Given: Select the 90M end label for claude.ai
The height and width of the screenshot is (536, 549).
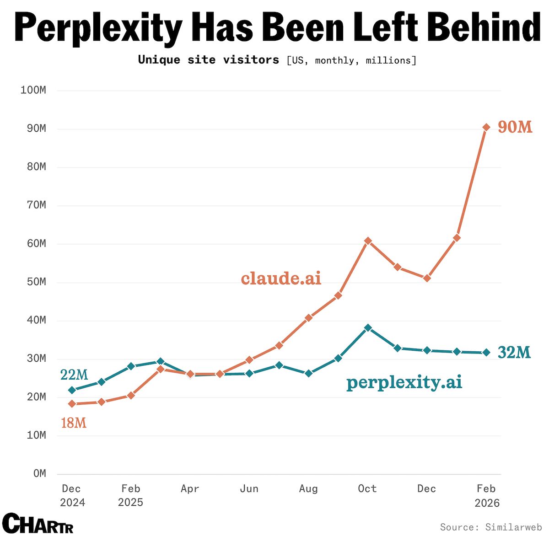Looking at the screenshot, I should point(515,127).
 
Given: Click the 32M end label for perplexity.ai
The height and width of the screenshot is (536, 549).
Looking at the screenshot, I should point(514,353).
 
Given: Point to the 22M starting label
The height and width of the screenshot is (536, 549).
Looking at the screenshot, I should point(74,375).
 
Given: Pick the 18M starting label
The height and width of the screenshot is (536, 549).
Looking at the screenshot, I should point(74,423).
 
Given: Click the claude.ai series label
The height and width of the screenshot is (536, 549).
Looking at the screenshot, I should point(281,278).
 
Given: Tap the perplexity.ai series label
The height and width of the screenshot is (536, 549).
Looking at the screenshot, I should point(404,382).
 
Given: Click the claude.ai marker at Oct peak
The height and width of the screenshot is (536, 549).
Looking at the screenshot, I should point(368,241).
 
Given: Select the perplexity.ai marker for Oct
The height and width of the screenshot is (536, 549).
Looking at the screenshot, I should point(368,327).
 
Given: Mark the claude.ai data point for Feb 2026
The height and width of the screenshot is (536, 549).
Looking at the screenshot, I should point(486,127).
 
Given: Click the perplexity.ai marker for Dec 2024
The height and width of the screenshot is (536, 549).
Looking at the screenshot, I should point(72,390).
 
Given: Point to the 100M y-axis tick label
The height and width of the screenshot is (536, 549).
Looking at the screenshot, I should point(33,90).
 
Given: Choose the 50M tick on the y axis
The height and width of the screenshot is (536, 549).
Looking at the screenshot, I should point(34,282).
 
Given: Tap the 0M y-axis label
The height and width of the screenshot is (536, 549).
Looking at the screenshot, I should point(39,474).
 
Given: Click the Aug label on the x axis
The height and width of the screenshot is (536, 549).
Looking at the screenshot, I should point(308,489).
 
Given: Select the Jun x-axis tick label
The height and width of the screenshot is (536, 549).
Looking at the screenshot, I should point(249,489).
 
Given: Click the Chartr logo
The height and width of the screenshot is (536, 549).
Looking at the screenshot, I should point(38,523).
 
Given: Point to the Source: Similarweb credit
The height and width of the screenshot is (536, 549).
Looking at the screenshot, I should point(491,527).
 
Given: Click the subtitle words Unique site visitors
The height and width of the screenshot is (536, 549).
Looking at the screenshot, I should point(209,60).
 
